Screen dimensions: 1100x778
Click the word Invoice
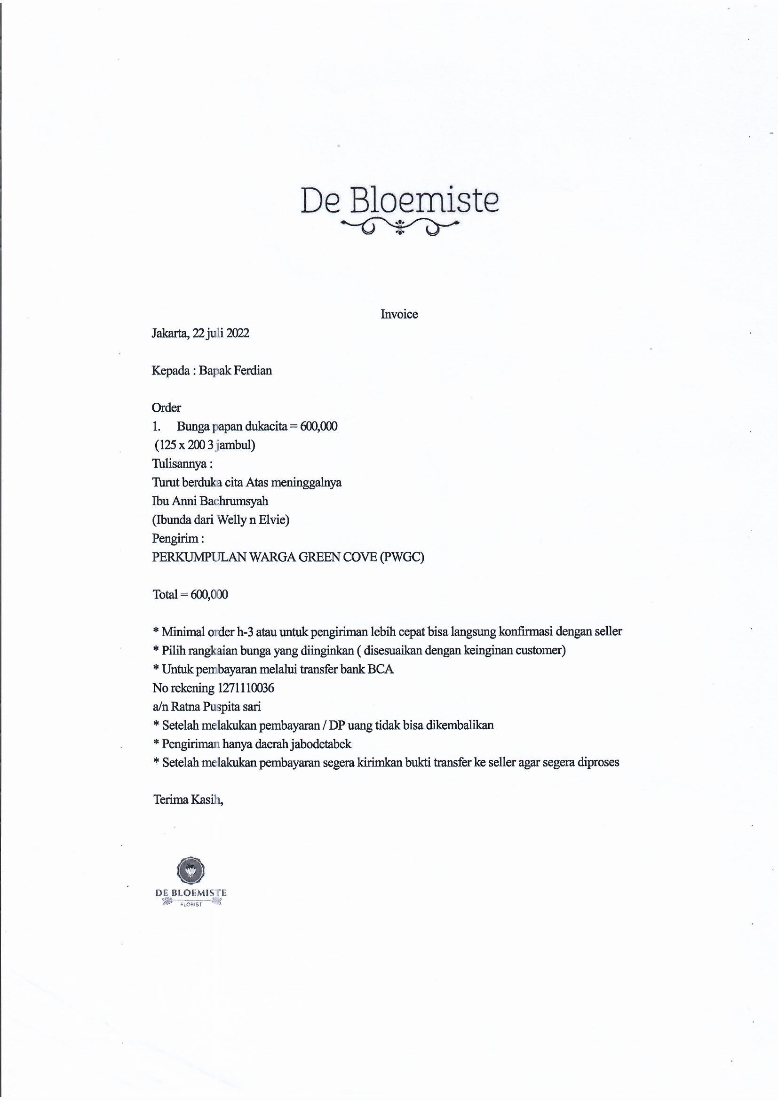[399, 314]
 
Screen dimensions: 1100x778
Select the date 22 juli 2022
[221, 333]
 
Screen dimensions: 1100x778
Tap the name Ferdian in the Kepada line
[253, 370]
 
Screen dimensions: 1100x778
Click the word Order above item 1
[166, 408]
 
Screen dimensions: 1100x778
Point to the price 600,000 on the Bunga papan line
[318, 426]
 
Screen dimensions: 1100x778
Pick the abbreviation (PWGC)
[401, 557]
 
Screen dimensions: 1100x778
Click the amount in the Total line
[209, 595]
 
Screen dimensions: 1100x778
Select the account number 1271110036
[246, 688]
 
